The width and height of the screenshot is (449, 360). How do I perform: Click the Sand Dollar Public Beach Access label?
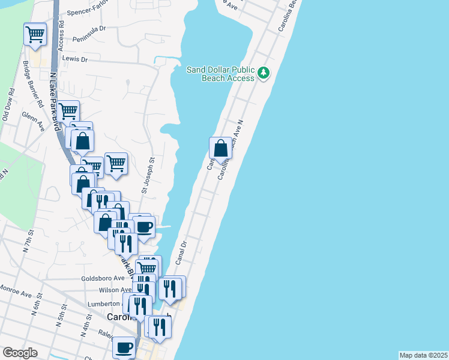pos(220,74)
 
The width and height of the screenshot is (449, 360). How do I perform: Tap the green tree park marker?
pos(263,73)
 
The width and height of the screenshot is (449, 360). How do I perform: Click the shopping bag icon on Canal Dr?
pos(220,148)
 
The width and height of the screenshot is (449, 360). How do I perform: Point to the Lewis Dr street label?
pos(75,59)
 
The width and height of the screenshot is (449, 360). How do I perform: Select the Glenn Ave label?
pos(34,122)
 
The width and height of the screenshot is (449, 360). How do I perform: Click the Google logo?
pos(20,353)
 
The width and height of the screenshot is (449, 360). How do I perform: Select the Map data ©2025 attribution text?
pos(424,355)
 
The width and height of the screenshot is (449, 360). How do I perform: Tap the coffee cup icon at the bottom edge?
pos(124,347)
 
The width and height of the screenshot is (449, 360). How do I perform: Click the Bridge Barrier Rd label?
pos(32,84)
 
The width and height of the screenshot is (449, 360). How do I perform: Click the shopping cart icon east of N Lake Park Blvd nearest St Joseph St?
pos(116,163)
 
